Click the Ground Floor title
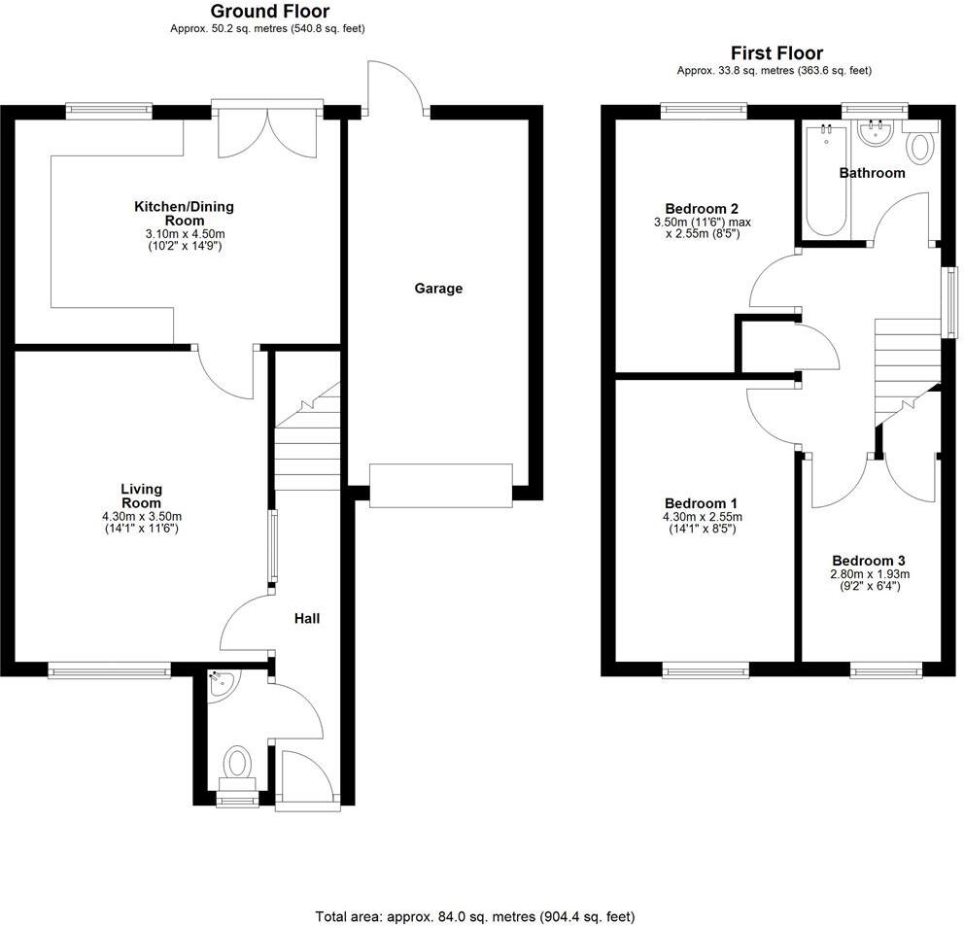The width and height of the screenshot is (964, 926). click(269, 12)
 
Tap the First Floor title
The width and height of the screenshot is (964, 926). click(775, 53)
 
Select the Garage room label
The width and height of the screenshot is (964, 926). click(438, 288)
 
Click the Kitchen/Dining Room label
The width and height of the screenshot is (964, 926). click(184, 213)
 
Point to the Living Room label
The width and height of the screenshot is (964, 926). click(141, 496)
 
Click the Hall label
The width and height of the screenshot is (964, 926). click(307, 618)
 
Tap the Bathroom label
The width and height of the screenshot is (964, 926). click(872, 173)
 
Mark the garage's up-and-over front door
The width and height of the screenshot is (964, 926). click(440, 485)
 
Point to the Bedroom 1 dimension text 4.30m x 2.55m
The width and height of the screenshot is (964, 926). click(701, 516)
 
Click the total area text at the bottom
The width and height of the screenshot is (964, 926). click(474, 915)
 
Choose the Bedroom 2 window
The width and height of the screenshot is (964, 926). click(704, 110)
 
